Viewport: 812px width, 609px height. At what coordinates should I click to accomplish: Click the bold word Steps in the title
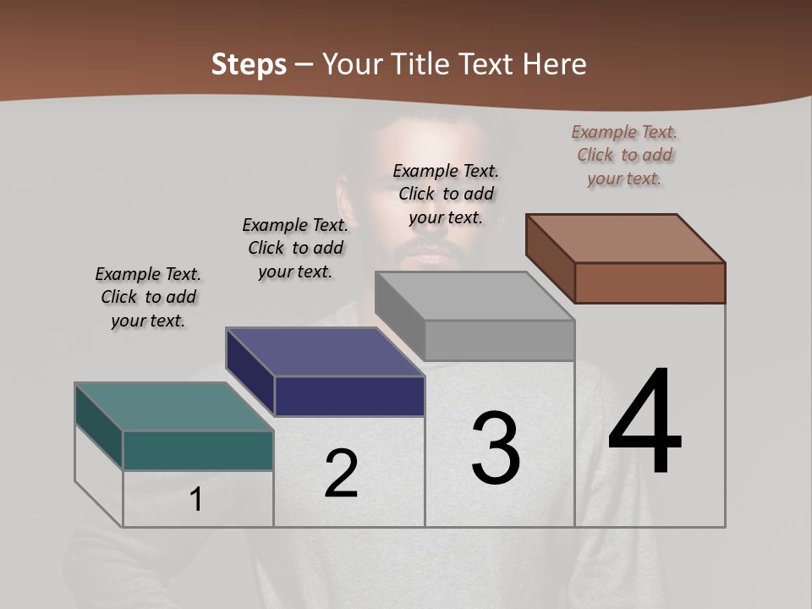pyautogui.click(x=249, y=64)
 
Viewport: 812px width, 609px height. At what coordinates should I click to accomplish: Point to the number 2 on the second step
pyautogui.click(x=342, y=474)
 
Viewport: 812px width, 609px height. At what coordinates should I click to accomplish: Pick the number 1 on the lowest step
pyautogui.click(x=196, y=500)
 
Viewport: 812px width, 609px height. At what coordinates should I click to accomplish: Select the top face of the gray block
pyautogui.click(x=475, y=296)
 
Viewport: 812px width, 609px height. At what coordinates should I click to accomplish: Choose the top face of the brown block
pyautogui.click(x=625, y=238)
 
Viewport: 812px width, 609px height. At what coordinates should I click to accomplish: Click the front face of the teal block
pyautogui.click(x=198, y=450)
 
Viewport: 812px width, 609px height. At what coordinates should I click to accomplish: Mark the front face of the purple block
pyautogui.click(x=349, y=396)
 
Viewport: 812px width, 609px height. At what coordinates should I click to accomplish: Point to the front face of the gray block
pyautogui.click(x=499, y=340)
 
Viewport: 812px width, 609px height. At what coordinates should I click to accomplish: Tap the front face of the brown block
pyautogui.click(x=650, y=283)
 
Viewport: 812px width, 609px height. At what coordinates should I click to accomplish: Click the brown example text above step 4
pyautogui.click(x=624, y=155)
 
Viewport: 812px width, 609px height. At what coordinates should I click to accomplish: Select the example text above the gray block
pyautogui.click(x=446, y=194)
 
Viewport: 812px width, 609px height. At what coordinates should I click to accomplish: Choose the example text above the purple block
pyautogui.click(x=295, y=248)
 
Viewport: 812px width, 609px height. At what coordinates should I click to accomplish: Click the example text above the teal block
pyautogui.click(x=148, y=297)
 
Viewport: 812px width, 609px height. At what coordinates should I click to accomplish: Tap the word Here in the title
pyautogui.click(x=555, y=64)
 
